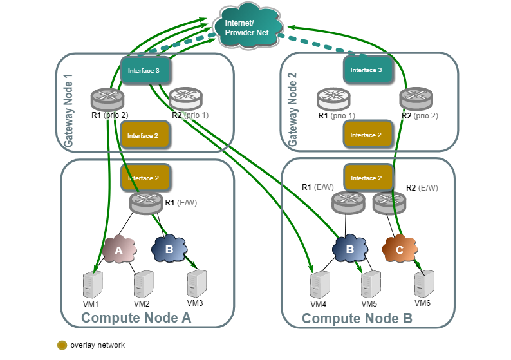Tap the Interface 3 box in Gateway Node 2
point(367,70)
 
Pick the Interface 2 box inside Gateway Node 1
point(144,135)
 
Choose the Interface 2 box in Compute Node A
point(144,178)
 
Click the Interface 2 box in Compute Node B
point(367,178)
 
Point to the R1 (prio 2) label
point(109,115)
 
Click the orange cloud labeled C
point(400,250)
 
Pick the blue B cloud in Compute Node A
point(169,249)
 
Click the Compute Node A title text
point(136,318)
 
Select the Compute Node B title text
point(357,318)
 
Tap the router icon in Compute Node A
point(146,203)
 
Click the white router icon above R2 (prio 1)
point(187,98)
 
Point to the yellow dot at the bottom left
point(62,345)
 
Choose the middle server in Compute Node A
point(144,283)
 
